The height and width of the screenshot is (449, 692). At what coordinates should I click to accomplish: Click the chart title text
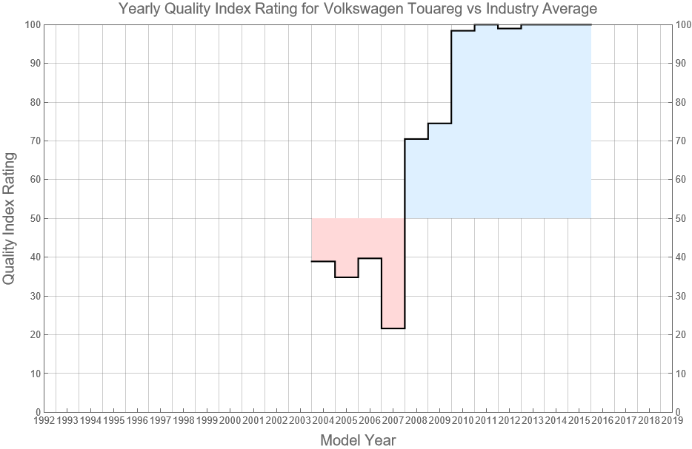(x=358, y=10)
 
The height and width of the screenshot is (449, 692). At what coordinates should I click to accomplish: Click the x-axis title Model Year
(x=358, y=440)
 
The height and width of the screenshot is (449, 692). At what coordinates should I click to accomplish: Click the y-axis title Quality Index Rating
(x=10, y=218)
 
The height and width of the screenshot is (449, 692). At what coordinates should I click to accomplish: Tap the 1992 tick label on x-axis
(x=44, y=421)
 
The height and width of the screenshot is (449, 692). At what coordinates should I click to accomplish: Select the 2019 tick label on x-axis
(x=672, y=421)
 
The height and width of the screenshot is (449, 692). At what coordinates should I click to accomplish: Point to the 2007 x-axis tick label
(x=393, y=421)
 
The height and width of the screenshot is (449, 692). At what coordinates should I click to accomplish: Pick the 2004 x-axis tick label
(x=323, y=421)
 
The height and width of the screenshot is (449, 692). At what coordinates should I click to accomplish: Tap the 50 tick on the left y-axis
(x=33, y=218)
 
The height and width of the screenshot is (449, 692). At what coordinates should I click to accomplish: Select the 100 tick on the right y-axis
(x=684, y=24)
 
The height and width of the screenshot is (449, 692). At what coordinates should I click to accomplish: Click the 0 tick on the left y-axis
(x=36, y=412)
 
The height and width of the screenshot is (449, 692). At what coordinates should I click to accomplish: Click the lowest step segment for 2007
(x=393, y=328)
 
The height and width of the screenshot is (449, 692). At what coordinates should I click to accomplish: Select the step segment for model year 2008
(x=416, y=139)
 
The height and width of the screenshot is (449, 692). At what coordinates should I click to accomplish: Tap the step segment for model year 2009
(x=439, y=124)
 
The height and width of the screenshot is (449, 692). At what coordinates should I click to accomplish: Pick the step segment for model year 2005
(x=347, y=277)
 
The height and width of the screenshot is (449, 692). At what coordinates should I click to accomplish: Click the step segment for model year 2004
(x=323, y=261)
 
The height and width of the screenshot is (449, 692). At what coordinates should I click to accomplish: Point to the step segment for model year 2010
(x=463, y=30)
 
